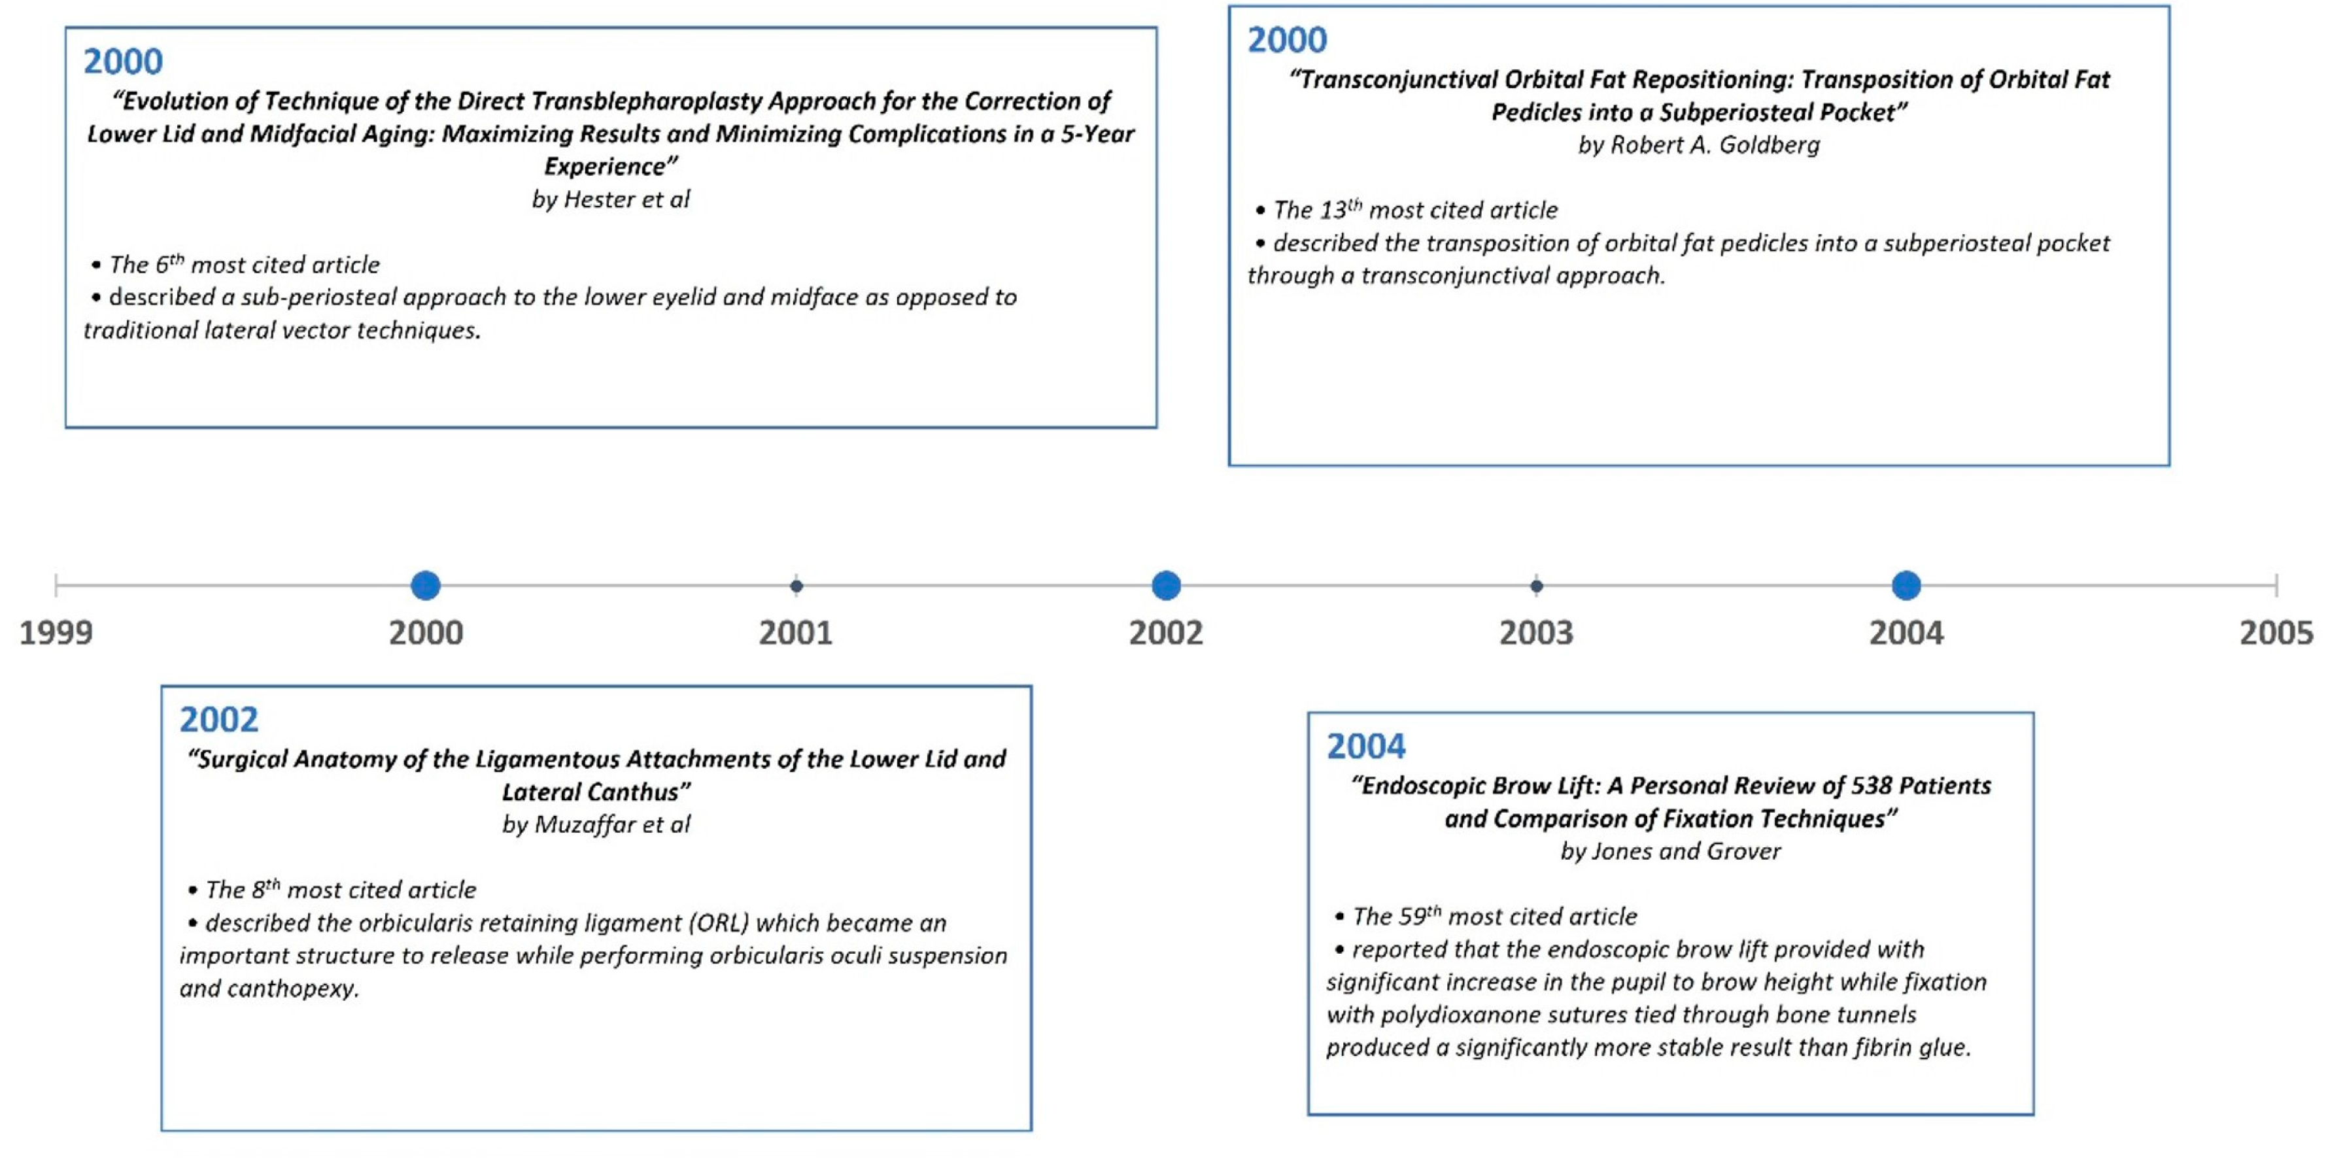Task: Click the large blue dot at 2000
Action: tap(426, 586)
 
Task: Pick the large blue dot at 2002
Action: tap(1166, 586)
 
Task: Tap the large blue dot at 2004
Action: tap(1906, 586)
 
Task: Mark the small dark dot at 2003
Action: tap(1536, 586)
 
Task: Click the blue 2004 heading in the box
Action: tap(1365, 747)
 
